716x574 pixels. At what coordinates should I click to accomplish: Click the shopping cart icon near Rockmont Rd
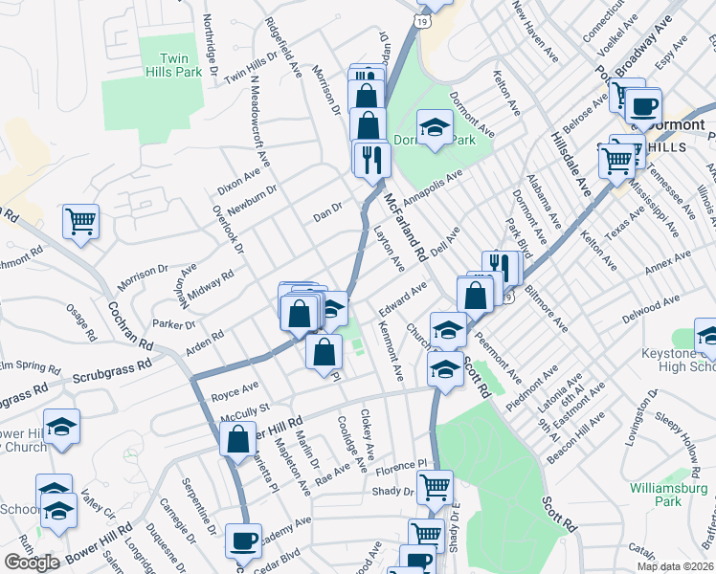pos(80,222)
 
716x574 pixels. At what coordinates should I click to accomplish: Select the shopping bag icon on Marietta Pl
pos(236,440)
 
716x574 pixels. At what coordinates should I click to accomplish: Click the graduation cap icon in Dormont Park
pos(434,128)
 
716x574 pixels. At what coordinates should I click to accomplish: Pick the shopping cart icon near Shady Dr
pos(436,486)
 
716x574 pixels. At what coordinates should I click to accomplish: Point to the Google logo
pos(32,563)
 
